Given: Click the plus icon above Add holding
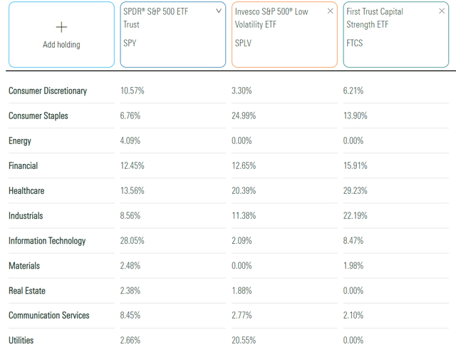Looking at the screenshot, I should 61,27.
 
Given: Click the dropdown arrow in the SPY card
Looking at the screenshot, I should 218,11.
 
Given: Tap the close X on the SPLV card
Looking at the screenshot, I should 330,11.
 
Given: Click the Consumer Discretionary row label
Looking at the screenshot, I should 48,91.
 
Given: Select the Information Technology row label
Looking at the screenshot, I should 47,241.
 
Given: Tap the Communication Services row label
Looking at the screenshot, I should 49,316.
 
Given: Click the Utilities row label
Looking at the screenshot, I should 21,341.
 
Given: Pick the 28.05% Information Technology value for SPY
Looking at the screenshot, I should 133,241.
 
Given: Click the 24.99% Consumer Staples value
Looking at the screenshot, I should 245,116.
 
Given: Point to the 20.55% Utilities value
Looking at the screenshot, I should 245,341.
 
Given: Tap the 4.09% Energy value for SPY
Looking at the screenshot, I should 131,141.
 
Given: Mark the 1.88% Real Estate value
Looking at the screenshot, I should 243,291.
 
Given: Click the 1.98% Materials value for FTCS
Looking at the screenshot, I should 355,266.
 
